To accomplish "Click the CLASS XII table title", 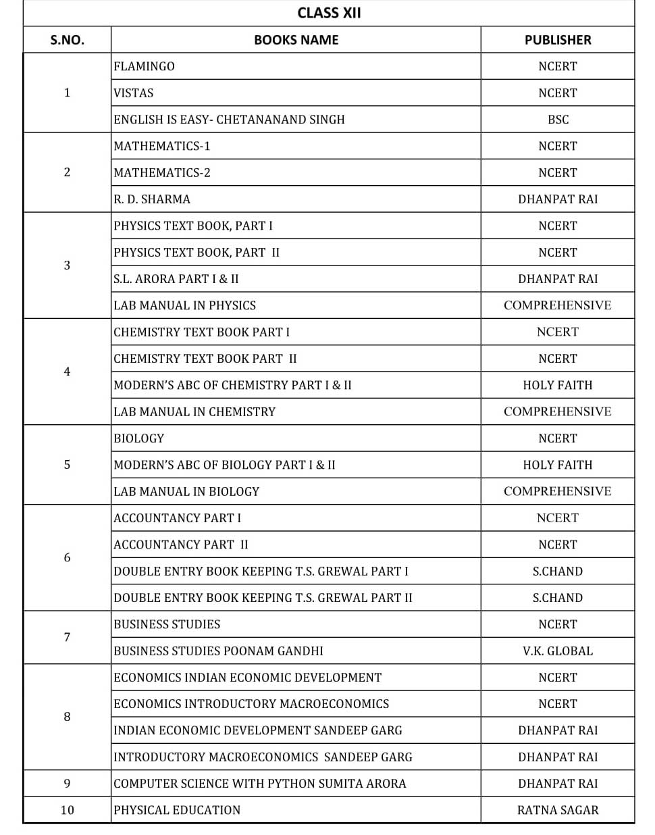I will [x=329, y=13].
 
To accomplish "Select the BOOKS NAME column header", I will [x=296, y=40].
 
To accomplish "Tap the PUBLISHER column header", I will [x=557, y=40].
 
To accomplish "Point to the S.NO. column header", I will [x=67, y=40].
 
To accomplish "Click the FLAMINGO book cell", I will [x=144, y=66].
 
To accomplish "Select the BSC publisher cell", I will [x=558, y=120].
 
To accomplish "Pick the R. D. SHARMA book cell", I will [x=152, y=199].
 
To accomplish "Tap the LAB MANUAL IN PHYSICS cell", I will [x=184, y=305].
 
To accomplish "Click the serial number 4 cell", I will [x=67, y=372].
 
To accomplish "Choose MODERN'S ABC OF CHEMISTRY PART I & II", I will [x=232, y=385].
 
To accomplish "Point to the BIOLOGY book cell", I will [x=138, y=438].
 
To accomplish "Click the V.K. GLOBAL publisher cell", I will [x=557, y=651].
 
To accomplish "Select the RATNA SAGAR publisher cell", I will [x=557, y=810].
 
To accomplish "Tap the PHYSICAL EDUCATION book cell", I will [x=177, y=810].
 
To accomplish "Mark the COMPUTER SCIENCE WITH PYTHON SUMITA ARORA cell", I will [x=260, y=784].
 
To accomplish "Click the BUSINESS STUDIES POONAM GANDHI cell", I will [x=218, y=651].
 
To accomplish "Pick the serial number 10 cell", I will [x=67, y=810].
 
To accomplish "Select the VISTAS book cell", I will [x=134, y=93].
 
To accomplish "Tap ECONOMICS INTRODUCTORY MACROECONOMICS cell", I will [x=251, y=704].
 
